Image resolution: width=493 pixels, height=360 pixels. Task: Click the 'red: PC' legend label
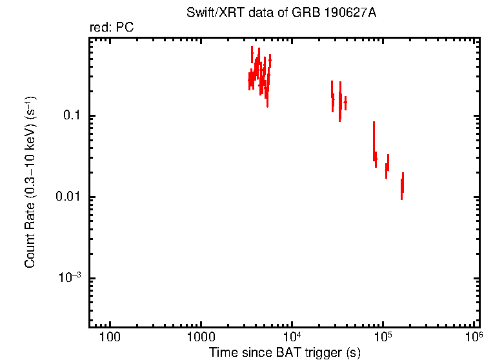112,28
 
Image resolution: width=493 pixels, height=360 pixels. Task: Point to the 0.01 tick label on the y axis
69,197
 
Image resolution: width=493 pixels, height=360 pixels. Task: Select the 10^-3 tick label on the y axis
70,277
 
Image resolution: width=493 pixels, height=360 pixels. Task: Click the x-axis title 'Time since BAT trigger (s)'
285,353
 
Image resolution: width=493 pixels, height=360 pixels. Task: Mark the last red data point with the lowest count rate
402,186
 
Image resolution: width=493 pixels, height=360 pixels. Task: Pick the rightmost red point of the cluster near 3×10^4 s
346,103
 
